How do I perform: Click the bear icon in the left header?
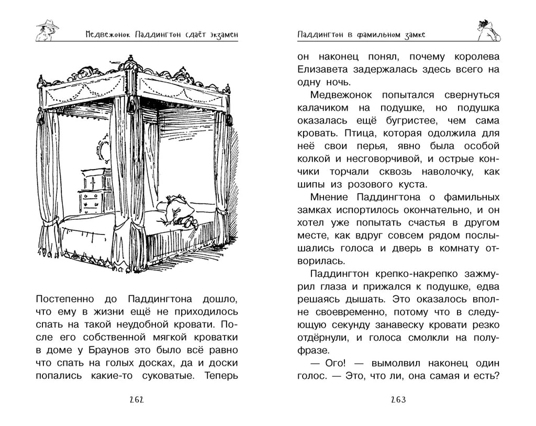point(48,30)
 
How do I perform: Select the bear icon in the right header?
point(489,30)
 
